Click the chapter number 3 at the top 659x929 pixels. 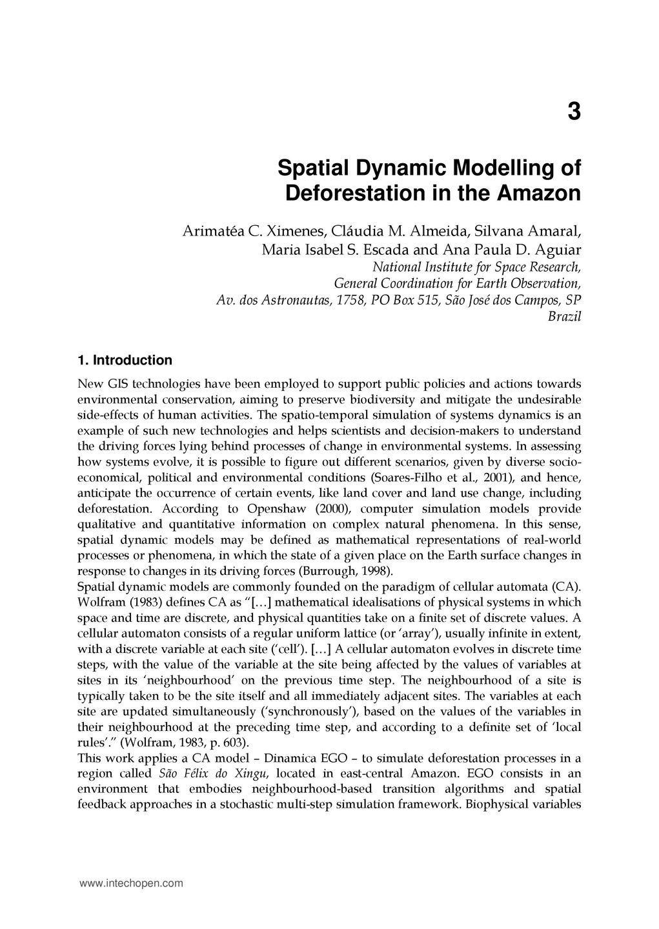coord(574,112)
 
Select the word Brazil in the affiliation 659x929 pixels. coord(564,317)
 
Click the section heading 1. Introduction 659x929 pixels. coord(125,360)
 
